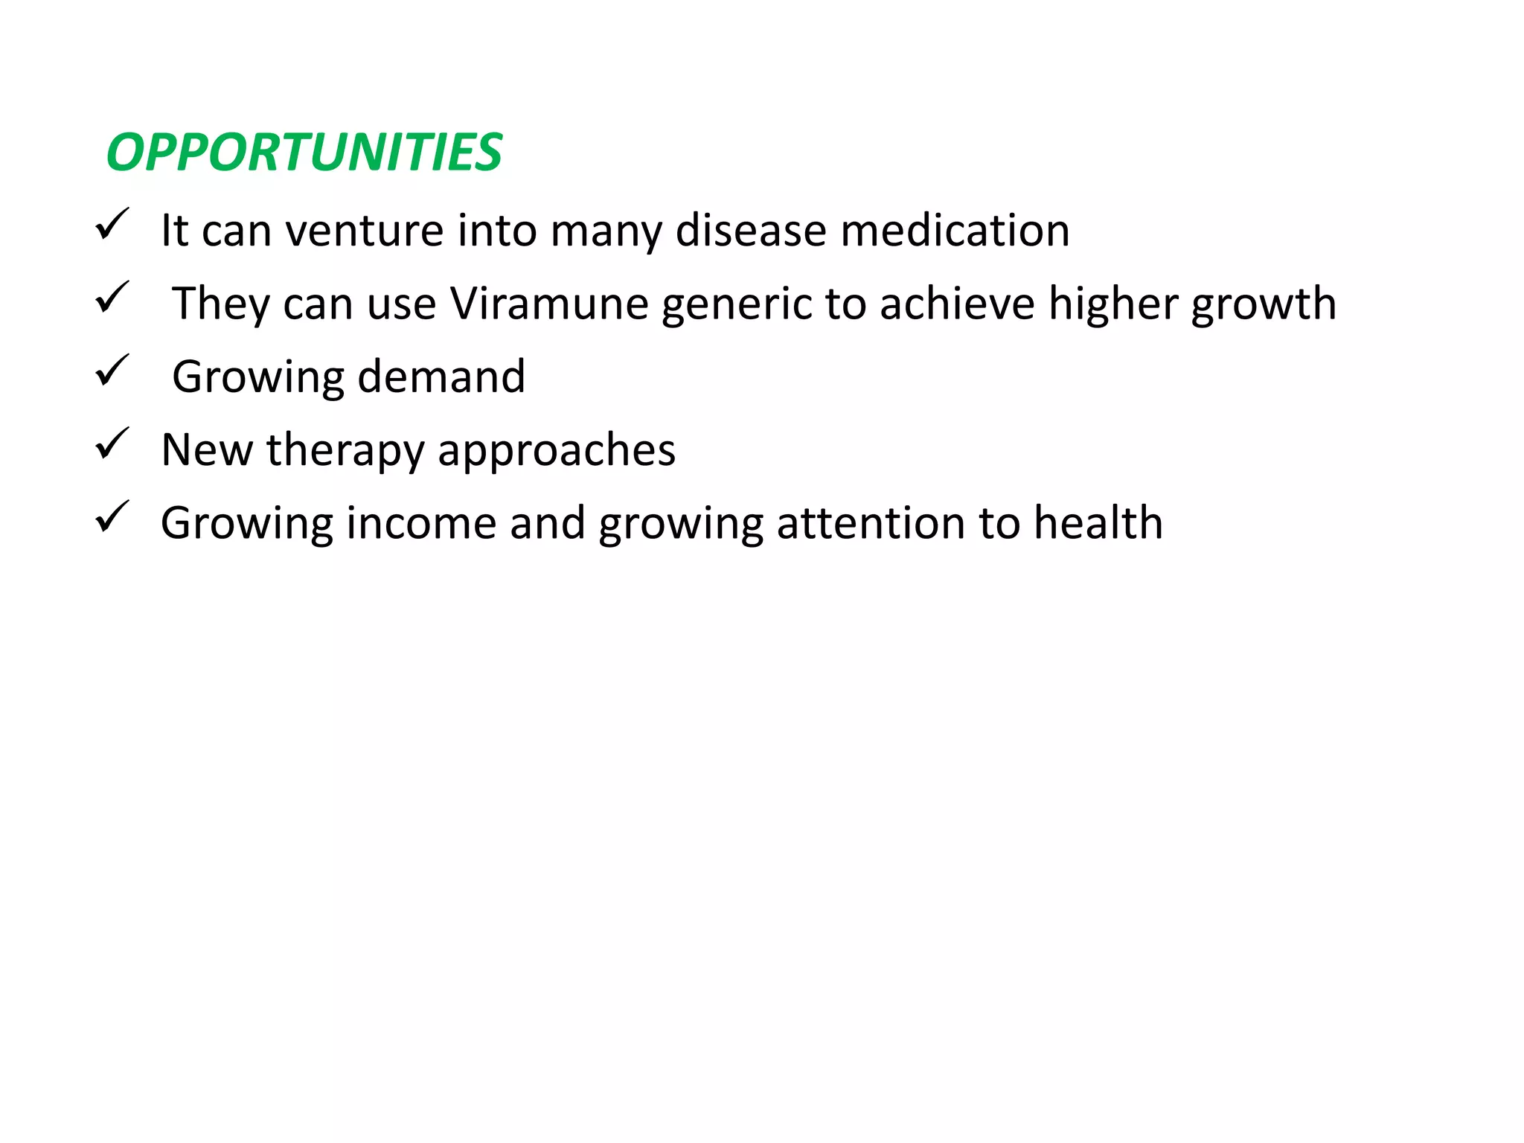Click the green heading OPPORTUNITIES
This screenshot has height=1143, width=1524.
click(304, 153)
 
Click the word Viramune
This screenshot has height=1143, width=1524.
click(549, 304)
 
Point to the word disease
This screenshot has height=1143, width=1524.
click(751, 230)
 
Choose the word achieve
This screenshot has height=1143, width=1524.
click(957, 304)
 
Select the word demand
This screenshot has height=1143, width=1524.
click(441, 377)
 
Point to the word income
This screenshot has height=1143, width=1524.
click(421, 522)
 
